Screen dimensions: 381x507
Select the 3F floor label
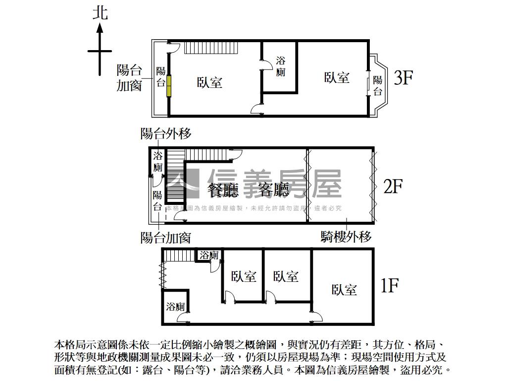(404, 78)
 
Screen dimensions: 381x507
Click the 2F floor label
(393, 187)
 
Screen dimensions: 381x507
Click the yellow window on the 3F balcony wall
(169, 85)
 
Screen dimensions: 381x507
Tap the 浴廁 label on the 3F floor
(280, 66)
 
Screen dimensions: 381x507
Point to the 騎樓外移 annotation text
(346, 237)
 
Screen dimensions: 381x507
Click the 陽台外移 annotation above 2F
(166, 133)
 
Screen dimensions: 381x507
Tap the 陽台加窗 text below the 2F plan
(166, 238)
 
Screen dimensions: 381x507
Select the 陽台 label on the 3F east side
(377, 85)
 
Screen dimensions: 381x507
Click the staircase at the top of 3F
(212, 48)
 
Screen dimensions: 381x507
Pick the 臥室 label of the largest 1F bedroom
(344, 289)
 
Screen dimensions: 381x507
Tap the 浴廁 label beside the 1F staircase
(209, 255)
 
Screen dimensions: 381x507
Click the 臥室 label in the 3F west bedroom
(209, 82)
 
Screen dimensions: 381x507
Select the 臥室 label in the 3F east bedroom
(337, 77)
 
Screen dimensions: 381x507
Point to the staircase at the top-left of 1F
(178, 255)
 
